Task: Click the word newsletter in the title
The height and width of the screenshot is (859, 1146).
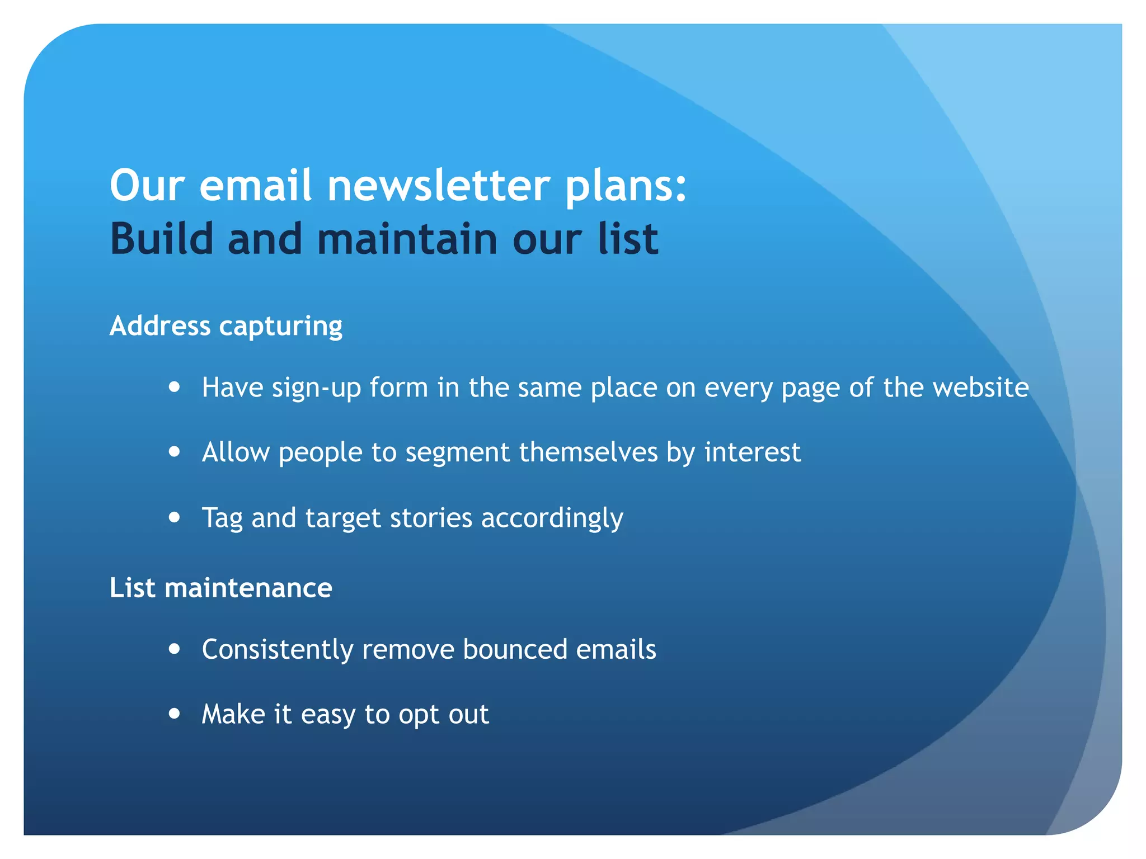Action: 439,186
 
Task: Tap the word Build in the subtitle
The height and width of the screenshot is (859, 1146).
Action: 162,239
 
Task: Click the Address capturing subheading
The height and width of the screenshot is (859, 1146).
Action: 226,326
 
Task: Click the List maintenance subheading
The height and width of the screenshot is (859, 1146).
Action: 221,588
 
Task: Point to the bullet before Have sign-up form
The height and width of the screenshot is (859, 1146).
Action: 175,387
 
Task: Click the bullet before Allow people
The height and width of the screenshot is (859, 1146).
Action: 175,451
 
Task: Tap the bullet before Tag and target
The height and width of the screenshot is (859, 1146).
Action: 175,517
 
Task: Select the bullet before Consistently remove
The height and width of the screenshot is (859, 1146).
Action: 175,649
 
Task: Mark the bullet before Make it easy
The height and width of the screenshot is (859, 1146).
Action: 175,714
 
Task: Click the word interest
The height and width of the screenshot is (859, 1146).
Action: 752,452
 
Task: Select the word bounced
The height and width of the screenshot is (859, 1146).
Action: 515,649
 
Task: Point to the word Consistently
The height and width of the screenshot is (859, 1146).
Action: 278,650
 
